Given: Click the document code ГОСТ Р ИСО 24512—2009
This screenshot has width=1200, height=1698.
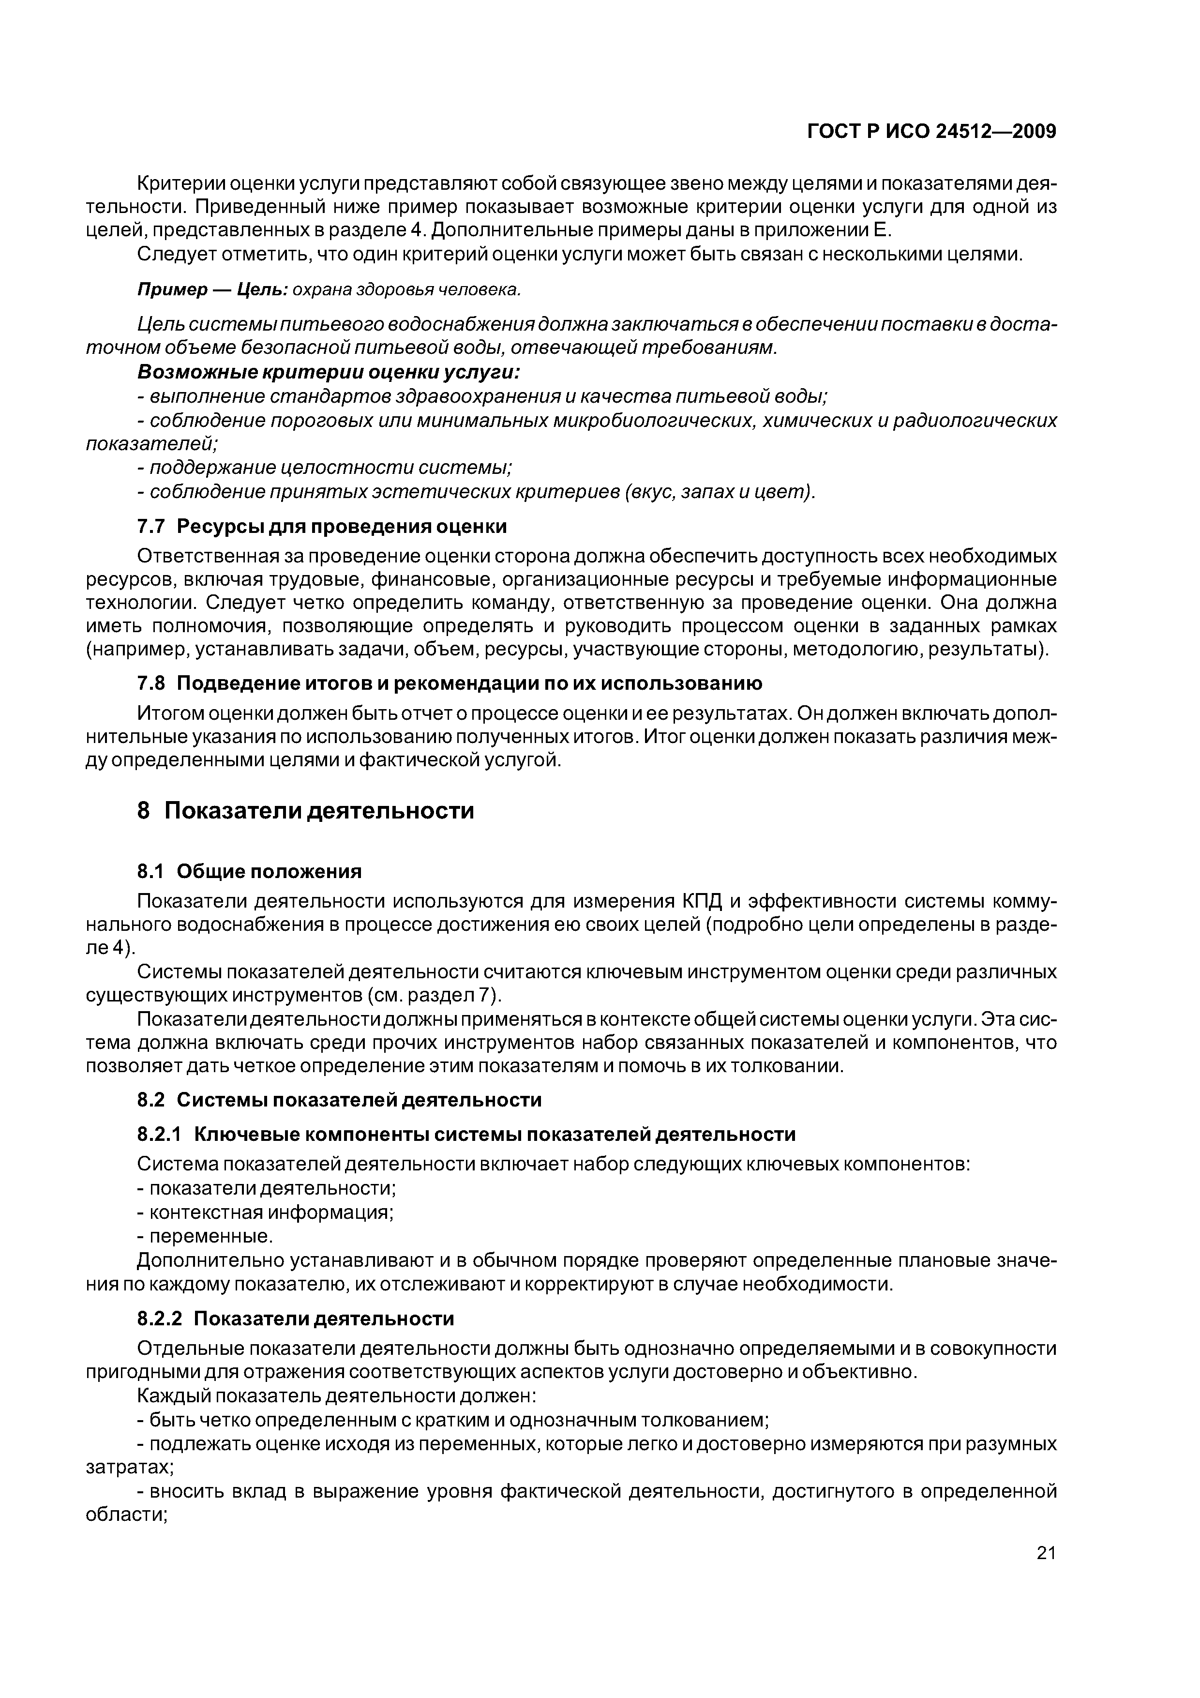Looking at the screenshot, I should point(931,132).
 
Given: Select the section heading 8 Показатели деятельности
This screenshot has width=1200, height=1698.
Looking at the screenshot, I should point(305,811).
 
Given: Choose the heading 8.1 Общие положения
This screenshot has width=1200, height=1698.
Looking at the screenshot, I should point(250,872).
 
